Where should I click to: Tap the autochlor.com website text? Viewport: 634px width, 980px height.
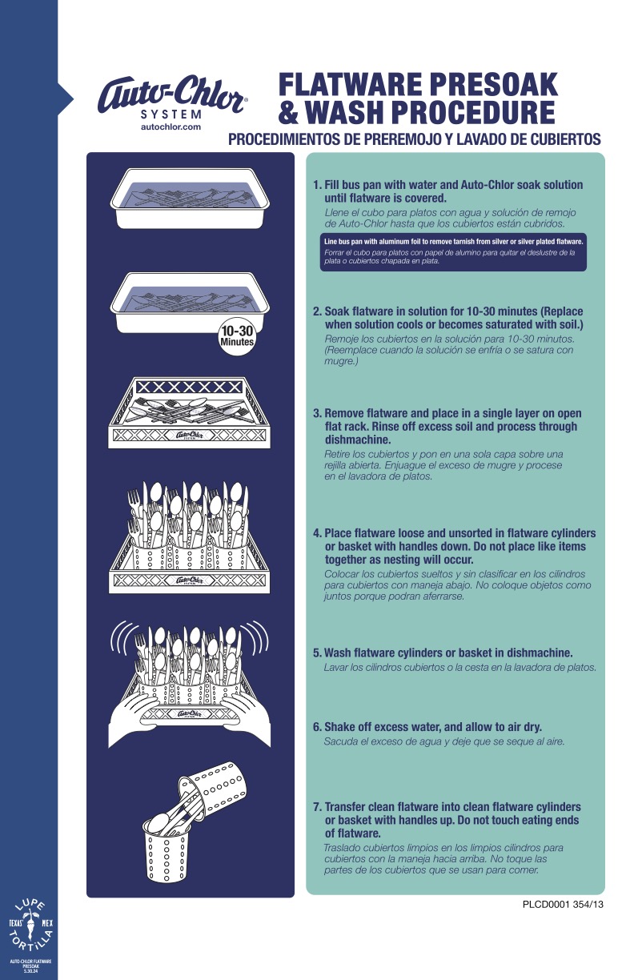(171, 127)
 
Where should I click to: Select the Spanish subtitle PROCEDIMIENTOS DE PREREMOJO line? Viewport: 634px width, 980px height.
(415, 139)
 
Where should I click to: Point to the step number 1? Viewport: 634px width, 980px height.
(316, 185)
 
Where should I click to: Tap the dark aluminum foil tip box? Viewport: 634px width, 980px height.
(453, 252)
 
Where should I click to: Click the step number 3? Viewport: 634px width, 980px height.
(316, 413)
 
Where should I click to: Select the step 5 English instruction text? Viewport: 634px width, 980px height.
(447, 653)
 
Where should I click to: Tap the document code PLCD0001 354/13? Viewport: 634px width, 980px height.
(562, 906)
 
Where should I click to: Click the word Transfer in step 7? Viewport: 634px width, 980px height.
(347, 807)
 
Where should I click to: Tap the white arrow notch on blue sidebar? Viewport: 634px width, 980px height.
(65, 98)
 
